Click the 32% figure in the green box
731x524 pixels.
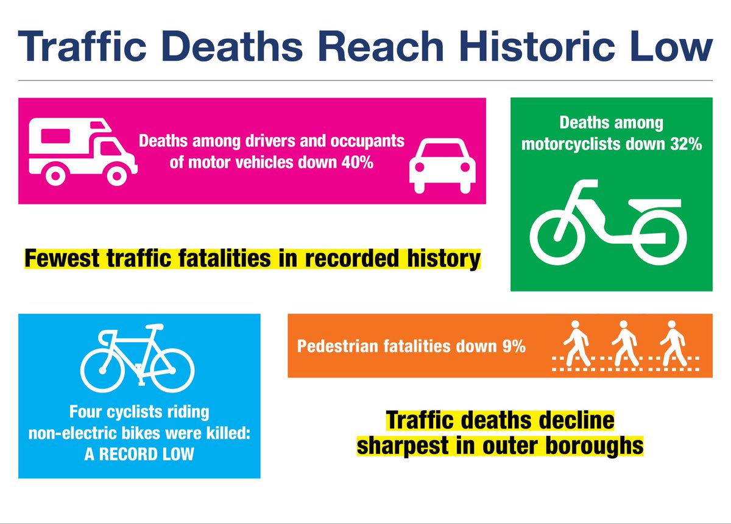684,145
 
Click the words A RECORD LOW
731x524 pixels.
139,453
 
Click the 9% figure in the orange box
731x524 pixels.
514,347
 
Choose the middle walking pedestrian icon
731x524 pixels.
624,343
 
